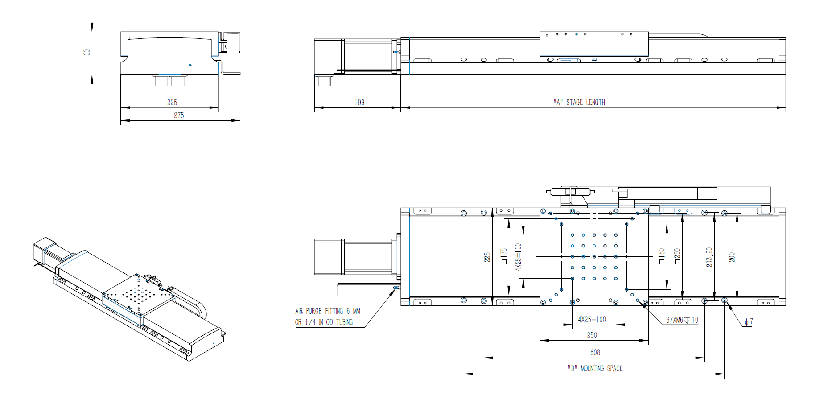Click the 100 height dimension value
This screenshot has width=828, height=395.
click(x=87, y=53)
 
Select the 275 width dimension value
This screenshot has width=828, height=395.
click(x=179, y=115)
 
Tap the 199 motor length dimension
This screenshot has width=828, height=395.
click(x=359, y=102)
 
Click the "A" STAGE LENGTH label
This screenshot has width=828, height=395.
click(x=579, y=102)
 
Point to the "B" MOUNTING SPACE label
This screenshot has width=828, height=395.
click(x=595, y=368)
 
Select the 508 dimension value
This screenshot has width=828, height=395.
click(x=595, y=352)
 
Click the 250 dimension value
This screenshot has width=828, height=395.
click(x=592, y=335)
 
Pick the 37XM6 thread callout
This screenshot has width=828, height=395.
click(x=682, y=320)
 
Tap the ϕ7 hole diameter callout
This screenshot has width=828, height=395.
click(x=749, y=321)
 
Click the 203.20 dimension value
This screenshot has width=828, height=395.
click(x=709, y=257)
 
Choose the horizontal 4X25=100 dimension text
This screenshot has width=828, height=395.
click(x=592, y=319)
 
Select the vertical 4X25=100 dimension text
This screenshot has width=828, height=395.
click(x=518, y=257)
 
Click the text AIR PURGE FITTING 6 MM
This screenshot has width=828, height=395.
click(x=328, y=311)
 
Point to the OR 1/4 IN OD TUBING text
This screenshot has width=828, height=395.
click(x=324, y=322)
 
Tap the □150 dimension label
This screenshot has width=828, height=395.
click(x=662, y=256)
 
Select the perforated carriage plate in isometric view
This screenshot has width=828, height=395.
click(x=138, y=294)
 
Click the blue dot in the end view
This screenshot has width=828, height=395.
click(x=190, y=65)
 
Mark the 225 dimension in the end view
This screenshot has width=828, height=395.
click(x=172, y=102)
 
